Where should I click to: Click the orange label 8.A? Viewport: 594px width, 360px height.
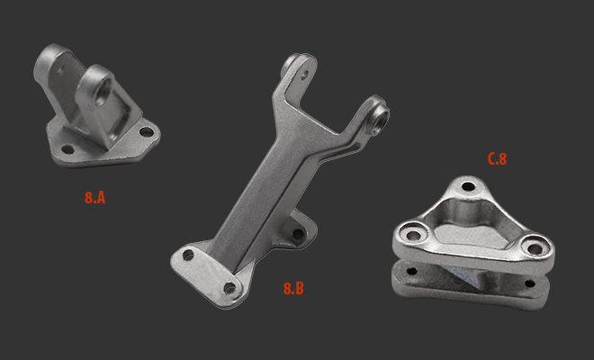(x=94, y=197)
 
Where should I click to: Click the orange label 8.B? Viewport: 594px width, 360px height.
(x=293, y=288)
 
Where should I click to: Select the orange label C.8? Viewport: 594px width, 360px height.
(x=497, y=158)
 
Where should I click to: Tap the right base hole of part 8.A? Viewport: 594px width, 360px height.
(x=146, y=132)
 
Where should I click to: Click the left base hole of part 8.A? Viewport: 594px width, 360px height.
(x=67, y=149)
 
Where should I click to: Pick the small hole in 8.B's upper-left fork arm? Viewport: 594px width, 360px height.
(x=303, y=76)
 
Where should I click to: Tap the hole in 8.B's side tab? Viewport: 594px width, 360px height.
(x=298, y=234)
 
